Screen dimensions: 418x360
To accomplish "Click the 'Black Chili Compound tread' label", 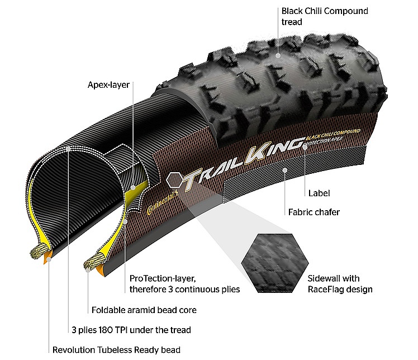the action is click(x=325, y=16).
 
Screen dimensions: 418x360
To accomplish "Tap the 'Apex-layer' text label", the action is click(x=108, y=85).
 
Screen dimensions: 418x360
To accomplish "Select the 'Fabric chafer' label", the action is click(x=314, y=212).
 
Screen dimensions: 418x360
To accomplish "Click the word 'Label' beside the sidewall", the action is click(x=319, y=193).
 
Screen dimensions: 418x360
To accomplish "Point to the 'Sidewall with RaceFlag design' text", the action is click(x=340, y=284).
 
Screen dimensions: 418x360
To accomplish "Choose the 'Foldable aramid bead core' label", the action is click(x=144, y=310).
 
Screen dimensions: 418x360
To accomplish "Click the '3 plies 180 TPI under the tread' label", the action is click(x=131, y=330).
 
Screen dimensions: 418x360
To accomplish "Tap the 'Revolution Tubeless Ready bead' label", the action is click(x=116, y=349).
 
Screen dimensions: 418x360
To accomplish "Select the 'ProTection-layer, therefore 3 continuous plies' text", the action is click(x=184, y=284).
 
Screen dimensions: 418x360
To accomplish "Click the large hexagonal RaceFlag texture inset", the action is click(x=275, y=263).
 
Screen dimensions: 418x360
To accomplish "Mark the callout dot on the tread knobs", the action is click(x=278, y=55).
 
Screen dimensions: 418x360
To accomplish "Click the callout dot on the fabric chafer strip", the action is click(x=285, y=170).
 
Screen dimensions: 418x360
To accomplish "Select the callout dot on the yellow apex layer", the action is click(x=133, y=187).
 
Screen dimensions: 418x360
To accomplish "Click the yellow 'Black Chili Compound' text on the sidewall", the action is click(x=333, y=134).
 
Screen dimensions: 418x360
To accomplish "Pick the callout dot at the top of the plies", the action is click(x=68, y=149).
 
